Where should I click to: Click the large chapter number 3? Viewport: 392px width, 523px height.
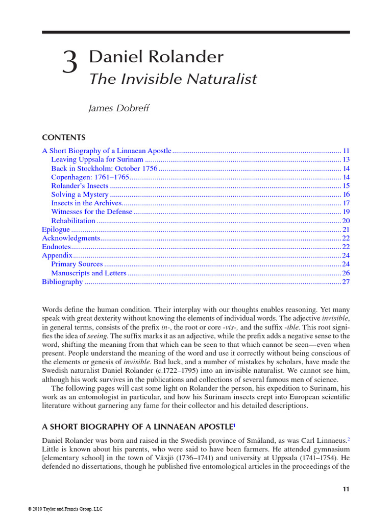[70, 64]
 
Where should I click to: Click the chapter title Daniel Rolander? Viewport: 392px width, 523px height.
[156, 57]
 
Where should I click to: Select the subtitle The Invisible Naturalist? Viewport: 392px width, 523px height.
[173, 79]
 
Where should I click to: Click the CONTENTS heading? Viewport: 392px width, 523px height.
[64, 138]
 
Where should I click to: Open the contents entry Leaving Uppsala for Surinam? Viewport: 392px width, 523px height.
[97, 160]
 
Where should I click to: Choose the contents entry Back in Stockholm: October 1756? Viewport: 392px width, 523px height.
[104, 169]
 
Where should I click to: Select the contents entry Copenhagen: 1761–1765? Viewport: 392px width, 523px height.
[90, 177]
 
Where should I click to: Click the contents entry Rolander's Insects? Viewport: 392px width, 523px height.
[80, 186]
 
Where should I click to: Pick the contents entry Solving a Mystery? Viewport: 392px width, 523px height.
[80, 195]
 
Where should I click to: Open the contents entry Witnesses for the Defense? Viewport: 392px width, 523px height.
[91, 212]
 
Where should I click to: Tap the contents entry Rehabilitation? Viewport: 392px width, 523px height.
[73, 221]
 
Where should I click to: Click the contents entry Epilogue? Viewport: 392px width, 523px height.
[56, 229]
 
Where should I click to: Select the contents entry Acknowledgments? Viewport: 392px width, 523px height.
[70, 238]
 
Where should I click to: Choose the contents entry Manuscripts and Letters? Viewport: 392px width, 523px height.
[89, 273]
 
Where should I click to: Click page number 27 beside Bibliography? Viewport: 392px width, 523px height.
[346, 281]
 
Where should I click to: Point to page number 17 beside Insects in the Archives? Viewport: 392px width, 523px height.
[346, 203]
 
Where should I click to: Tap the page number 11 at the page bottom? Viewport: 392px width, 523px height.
[346, 489]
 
